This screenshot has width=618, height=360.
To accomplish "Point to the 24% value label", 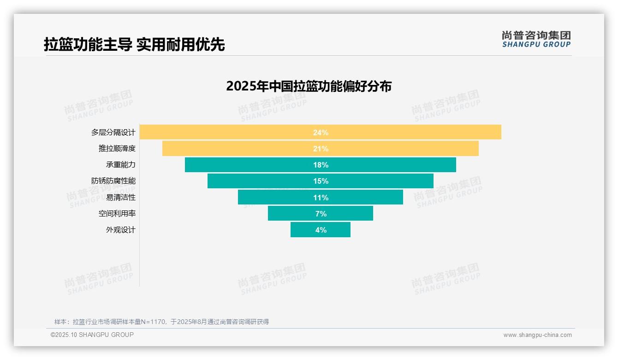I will [x=321, y=132].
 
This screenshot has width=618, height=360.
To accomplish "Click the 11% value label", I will [x=321, y=198].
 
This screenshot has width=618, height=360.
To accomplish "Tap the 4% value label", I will [x=321, y=230].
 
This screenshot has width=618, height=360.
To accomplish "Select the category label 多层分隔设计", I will [x=113, y=132].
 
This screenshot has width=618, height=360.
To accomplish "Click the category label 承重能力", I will [x=121, y=165].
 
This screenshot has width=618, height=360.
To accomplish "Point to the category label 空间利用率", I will [x=117, y=214].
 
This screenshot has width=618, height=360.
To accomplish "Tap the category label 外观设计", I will [x=121, y=230].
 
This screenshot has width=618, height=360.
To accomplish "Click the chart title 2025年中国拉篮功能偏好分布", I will [x=309, y=86].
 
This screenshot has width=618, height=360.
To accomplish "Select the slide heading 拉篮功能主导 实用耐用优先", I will [x=134, y=45].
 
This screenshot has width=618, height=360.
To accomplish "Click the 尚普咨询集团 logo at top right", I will [x=536, y=39].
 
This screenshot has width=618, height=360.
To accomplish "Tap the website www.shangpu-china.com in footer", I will [x=537, y=335].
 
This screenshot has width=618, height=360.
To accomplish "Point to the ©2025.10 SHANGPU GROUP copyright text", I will [x=92, y=335].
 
